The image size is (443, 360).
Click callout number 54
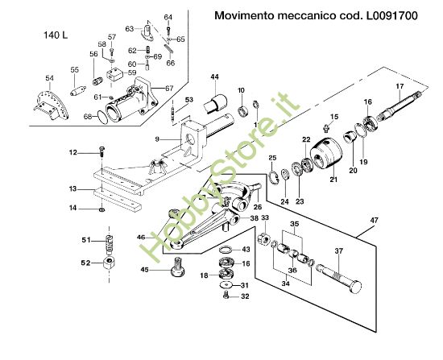(49, 78)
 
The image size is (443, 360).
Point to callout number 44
(214, 77)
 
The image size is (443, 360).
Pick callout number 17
(399, 85)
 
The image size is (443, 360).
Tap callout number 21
(333, 179)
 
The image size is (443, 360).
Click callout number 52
(85, 263)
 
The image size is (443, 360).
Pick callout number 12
(72, 151)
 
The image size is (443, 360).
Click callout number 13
(72, 188)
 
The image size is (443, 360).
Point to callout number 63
(128, 28)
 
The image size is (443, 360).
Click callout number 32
(245, 297)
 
